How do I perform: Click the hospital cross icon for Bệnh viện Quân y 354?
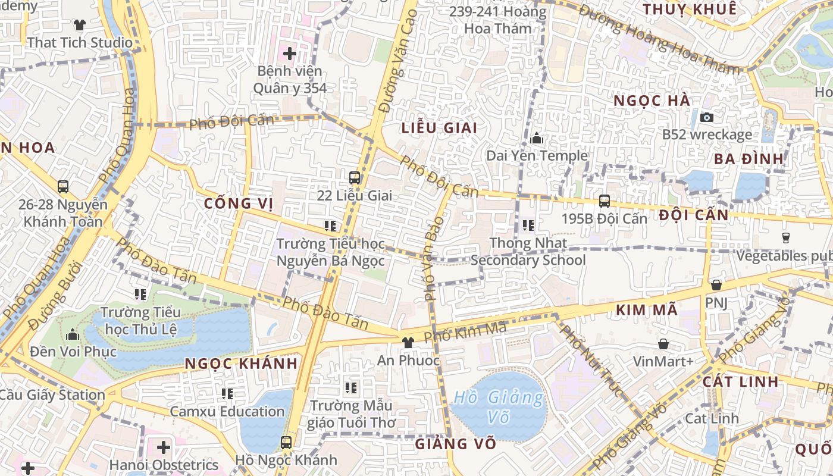[290, 54]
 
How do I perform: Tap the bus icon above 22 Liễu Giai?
[355, 177]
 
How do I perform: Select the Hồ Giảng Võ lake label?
[499, 406]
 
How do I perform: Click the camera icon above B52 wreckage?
[707, 117]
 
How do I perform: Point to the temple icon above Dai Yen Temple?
[537, 138]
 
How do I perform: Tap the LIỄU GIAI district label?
[440, 128]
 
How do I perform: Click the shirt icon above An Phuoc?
[408, 342]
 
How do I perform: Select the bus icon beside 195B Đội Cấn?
[605, 201]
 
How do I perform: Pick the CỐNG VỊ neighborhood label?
[238, 203]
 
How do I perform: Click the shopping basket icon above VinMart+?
[663, 344]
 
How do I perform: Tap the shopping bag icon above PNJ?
[716, 285]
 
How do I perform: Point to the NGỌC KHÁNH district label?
[241, 364]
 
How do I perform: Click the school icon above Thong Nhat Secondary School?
[528, 226]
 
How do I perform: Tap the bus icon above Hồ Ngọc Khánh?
[286, 442]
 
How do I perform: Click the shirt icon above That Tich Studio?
[80, 24]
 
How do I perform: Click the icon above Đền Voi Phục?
[73, 334]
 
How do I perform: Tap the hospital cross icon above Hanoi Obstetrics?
[163, 447]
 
